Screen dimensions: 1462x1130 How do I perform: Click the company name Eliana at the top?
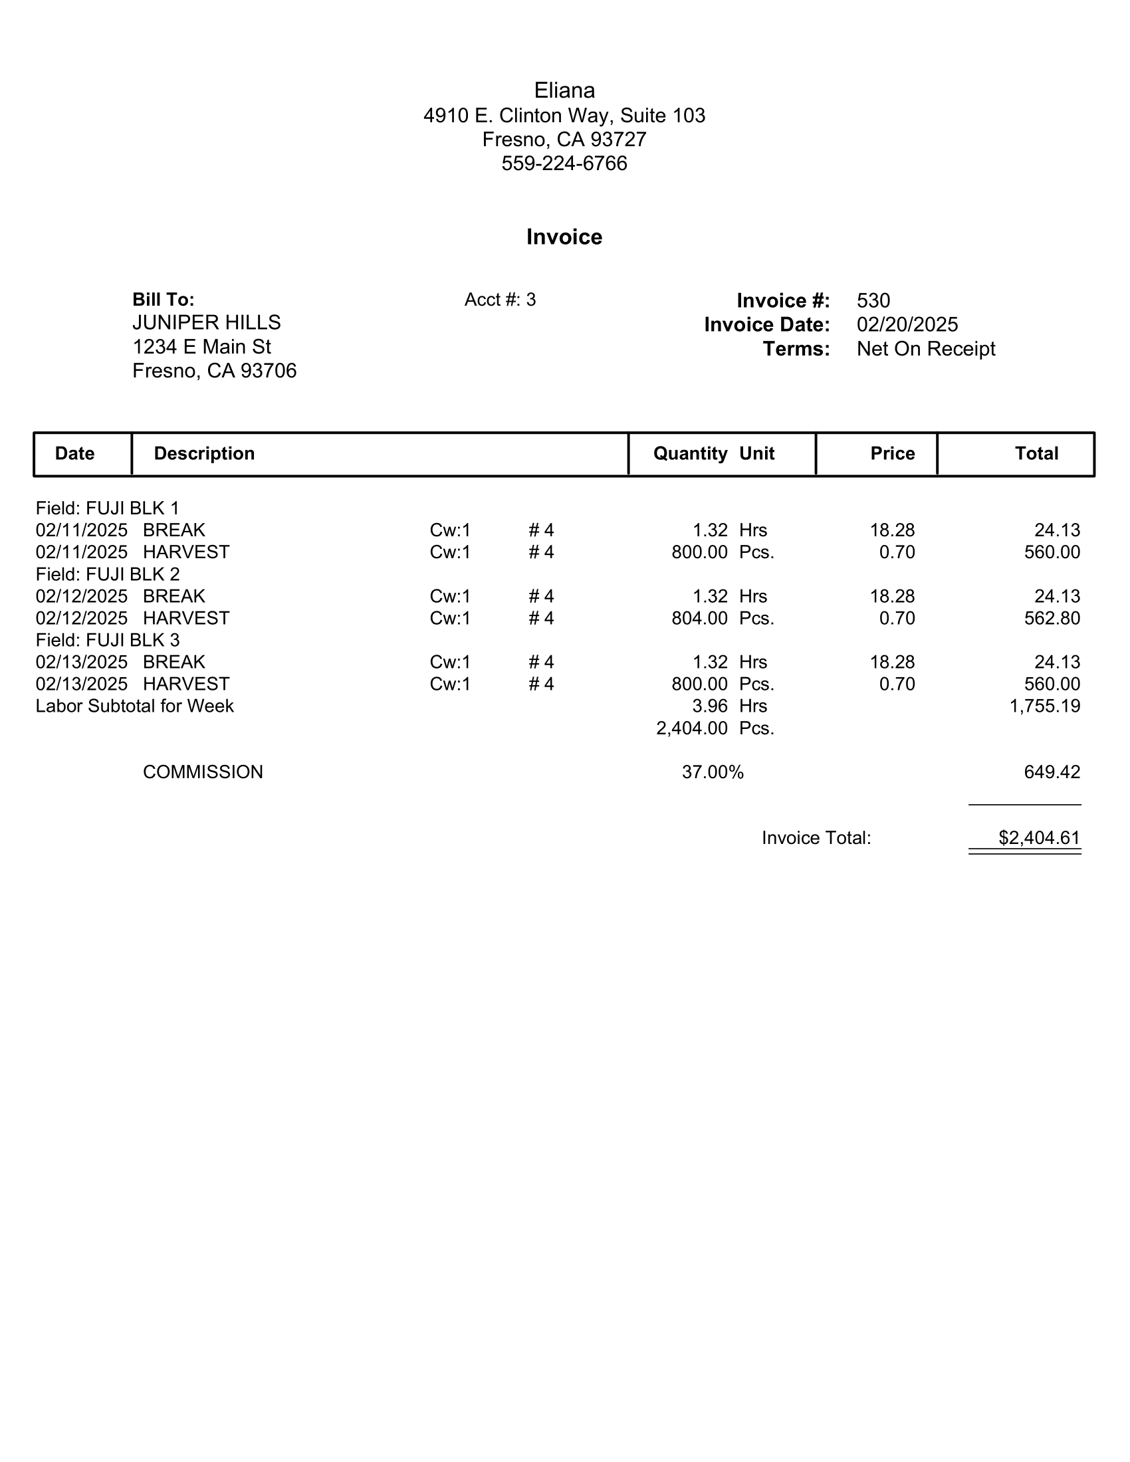[x=564, y=90]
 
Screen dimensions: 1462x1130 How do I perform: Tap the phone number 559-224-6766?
[x=564, y=163]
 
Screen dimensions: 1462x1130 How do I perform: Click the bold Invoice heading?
[x=564, y=237]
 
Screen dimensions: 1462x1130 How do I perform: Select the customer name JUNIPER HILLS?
[x=206, y=323]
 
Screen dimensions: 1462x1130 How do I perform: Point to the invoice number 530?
[x=873, y=300]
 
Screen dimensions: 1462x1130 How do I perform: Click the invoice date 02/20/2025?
[x=907, y=325]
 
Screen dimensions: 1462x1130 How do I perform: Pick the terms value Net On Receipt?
[x=926, y=349]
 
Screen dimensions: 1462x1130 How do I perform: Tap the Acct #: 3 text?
[x=500, y=300]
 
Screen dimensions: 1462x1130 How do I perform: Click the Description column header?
[x=204, y=454]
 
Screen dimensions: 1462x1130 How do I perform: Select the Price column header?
[x=892, y=454]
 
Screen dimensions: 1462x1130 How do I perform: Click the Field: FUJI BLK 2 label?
[x=108, y=574]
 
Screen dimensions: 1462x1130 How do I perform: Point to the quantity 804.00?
[x=699, y=619]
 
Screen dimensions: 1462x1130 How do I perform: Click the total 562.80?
[x=1052, y=619]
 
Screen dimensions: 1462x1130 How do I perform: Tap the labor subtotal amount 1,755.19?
[x=1044, y=706]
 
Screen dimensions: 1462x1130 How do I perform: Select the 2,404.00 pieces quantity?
[x=691, y=728]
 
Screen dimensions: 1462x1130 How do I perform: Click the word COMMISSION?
[x=203, y=772]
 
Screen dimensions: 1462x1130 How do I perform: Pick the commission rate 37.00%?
[x=713, y=772]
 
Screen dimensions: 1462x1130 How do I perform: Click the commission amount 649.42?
[x=1052, y=772]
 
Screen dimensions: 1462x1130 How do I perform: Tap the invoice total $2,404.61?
[x=1039, y=838]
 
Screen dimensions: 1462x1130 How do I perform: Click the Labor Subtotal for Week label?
[x=134, y=706]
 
